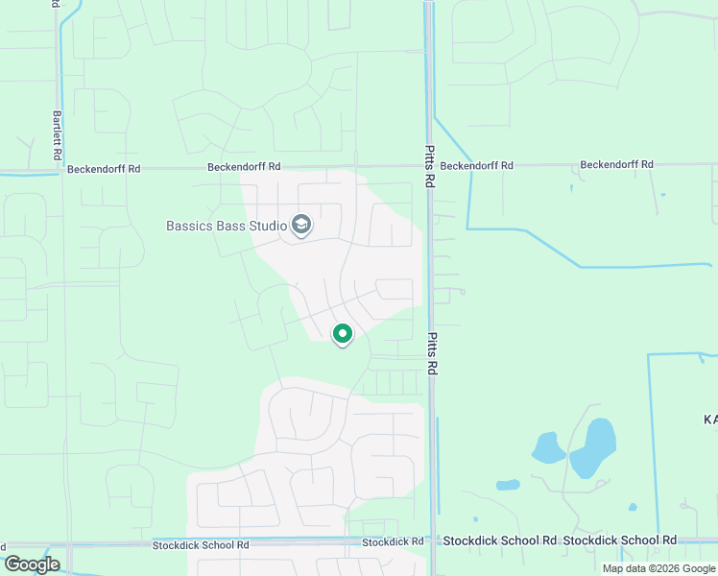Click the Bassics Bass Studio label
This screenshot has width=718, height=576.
[227, 227]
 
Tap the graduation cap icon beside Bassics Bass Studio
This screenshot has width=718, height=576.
[301, 226]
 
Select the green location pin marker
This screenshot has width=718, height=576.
[343, 333]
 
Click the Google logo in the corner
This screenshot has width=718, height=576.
[32, 564]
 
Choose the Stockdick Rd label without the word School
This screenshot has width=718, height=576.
[393, 542]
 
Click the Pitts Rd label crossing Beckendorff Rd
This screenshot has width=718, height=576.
[429, 166]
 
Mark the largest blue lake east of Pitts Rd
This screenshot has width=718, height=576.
[594, 447]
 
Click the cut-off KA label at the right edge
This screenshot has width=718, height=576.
[710, 420]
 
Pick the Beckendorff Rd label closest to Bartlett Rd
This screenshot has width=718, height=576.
[104, 169]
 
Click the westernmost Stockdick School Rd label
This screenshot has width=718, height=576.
[201, 545]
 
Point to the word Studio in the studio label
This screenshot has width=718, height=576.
[268, 227]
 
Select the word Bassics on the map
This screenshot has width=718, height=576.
[188, 227]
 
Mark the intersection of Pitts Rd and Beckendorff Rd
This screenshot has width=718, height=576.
[428, 166]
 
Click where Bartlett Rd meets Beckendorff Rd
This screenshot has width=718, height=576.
[61, 171]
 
